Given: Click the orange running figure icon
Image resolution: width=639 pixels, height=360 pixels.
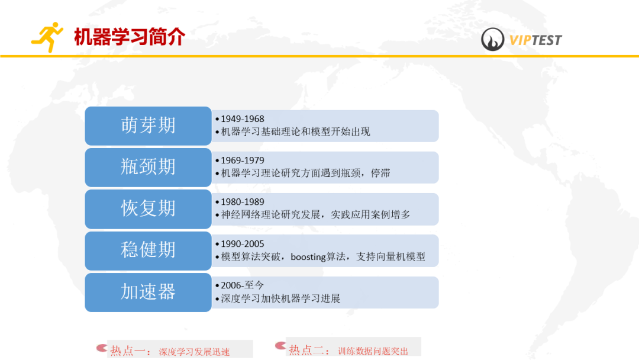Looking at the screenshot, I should coord(47,37).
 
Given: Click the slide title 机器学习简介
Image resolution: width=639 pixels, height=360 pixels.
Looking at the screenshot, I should coord(130,37).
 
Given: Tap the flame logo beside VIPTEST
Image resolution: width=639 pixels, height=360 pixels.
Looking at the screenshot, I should coord(493,40).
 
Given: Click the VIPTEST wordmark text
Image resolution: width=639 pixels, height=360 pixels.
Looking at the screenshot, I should coord(535,40).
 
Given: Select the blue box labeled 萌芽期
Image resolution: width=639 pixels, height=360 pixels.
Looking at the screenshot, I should coord(148,126).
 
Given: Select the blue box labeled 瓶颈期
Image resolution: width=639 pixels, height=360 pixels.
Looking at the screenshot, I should coord(148,167).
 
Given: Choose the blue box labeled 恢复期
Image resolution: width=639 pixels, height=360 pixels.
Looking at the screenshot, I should coord(148,208).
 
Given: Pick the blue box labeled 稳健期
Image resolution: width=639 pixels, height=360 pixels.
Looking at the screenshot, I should coord(148,250).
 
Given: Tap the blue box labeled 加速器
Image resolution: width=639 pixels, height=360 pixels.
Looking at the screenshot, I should coord(148,292).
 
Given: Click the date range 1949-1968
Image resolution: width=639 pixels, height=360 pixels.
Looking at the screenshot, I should coord(243,119).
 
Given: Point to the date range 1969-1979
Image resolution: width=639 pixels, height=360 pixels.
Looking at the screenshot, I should coord(243,160).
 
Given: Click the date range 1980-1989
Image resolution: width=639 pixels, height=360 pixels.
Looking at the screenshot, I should coord(243,202).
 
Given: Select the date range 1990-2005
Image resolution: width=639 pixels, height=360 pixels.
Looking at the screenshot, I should coord(243,244).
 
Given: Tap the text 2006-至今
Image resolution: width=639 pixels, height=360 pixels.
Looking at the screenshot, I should coord(243,285).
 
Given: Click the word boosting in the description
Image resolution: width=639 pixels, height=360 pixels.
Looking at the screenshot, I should coord(308,257).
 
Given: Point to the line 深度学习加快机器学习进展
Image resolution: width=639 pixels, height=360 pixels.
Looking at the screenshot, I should coord(280,298).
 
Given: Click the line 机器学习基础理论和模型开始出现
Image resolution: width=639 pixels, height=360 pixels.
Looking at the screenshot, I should coord(295,131).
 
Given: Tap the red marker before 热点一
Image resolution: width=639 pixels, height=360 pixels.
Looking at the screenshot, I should coord(101,348).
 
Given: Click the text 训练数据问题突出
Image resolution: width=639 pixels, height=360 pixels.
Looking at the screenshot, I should coord(373,351).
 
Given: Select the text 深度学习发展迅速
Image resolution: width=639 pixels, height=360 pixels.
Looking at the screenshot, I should coord(194,352).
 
